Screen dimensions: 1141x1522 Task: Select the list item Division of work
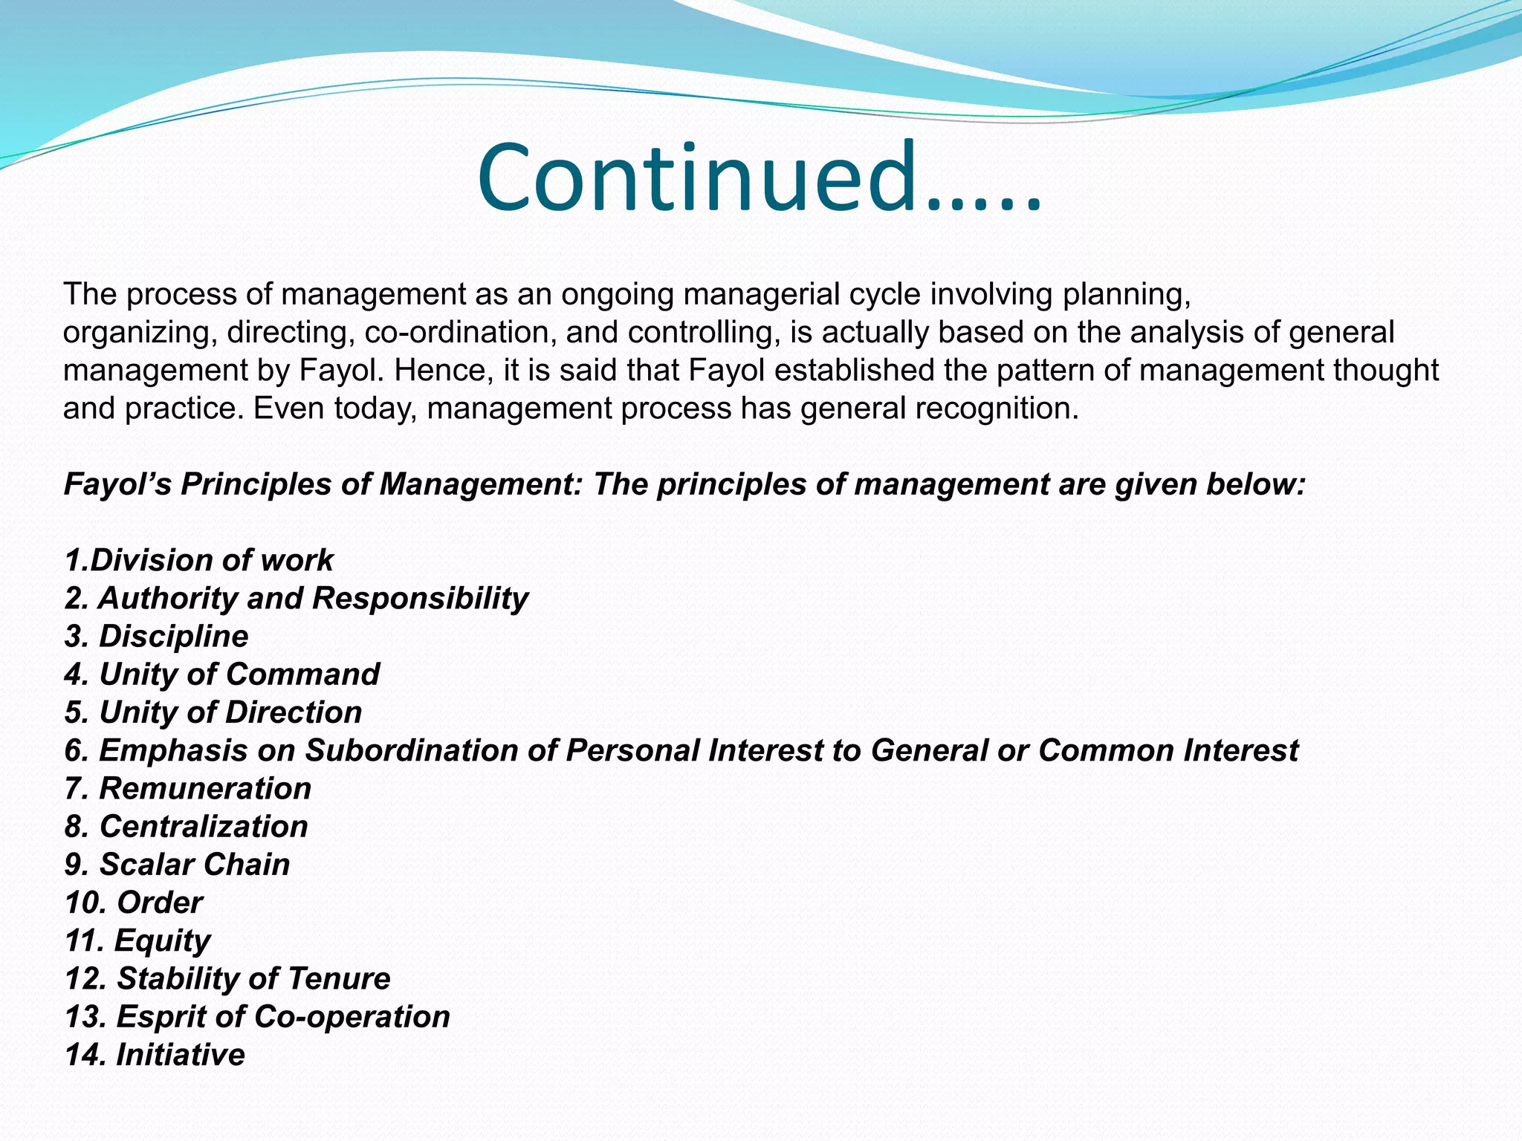(198, 560)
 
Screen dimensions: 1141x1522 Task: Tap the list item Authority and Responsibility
(297, 598)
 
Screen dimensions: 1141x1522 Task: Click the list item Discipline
(157, 637)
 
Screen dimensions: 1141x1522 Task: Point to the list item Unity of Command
(222, 674)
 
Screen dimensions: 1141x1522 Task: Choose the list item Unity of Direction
(213, 712)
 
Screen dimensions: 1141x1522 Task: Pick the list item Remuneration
(188, 788)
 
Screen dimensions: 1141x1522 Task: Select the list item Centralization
(187, 827)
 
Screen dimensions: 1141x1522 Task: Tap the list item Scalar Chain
(178, 865)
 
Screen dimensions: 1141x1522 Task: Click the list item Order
(134, 903)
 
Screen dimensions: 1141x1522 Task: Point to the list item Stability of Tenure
(227, 979)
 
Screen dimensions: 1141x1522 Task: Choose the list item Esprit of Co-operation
(257, 1017)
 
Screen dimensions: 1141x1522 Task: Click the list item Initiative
(155, 1055)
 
